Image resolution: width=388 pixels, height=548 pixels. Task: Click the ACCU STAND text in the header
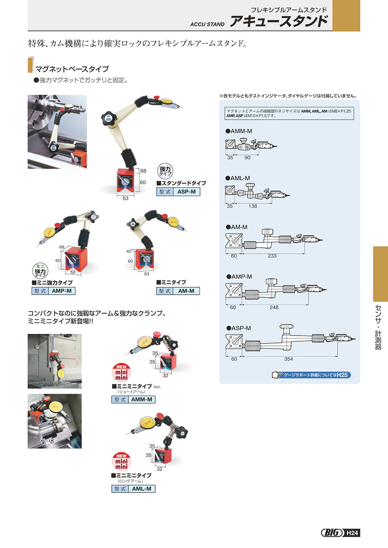tap(207, 24)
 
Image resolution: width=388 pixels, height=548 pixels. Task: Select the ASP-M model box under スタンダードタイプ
tap(178, 192)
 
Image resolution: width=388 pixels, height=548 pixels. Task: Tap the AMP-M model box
tap(53, 291)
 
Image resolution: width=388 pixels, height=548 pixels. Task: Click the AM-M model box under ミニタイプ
tap(178, 291)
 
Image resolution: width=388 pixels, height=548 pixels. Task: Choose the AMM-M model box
tap(133, 399)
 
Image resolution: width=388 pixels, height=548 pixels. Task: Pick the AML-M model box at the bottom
tap(133, 489)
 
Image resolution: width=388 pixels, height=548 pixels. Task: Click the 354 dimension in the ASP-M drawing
tap(288, 359)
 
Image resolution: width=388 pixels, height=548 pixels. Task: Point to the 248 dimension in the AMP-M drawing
tap(274, 307)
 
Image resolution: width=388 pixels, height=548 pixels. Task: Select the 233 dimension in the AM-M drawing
tap(272, 256)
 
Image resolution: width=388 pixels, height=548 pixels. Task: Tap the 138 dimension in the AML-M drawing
tap(253, 206)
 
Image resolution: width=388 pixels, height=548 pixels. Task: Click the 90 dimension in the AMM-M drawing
tap(247, 158)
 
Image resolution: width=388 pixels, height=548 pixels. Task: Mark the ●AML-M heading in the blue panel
tap(238, 178)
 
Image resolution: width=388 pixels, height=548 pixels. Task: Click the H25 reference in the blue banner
tap(342, 375)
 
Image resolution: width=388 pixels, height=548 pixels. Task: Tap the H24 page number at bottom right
tap(352, 533)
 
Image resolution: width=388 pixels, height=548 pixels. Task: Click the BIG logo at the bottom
tap(332, 533)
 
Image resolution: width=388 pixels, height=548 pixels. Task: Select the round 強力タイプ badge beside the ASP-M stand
tap(165, 171)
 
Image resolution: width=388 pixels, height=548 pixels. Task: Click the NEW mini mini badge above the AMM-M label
tap(122, 373)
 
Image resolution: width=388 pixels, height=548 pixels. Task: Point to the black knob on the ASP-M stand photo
tap(108, 118)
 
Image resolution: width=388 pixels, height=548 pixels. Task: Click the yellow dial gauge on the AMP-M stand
tap(50, 232)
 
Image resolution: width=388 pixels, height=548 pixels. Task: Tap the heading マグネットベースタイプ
tap(72, 69)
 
